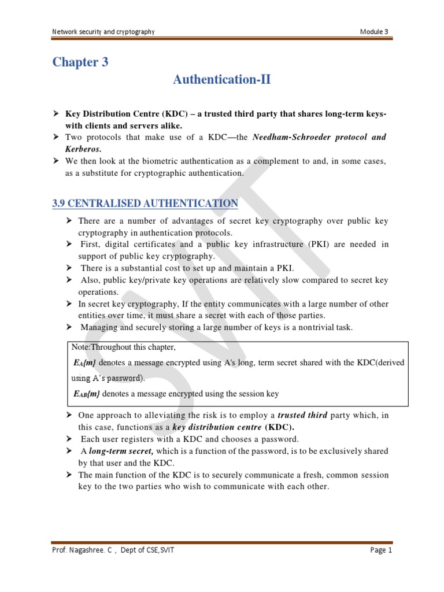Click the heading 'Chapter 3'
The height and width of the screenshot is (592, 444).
coord(80,62)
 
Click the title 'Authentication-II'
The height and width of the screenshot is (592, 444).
coord(222,80)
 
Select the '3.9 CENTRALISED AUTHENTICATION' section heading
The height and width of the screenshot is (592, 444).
coord(145,203)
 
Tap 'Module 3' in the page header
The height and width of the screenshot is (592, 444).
coord(375,31)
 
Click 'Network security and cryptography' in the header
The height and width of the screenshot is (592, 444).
coord(103,31)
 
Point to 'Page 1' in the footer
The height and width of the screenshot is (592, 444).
coord(381,550)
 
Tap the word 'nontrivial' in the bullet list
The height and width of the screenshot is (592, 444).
coord(297,328)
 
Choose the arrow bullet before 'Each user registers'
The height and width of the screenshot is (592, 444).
coord(69,438)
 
